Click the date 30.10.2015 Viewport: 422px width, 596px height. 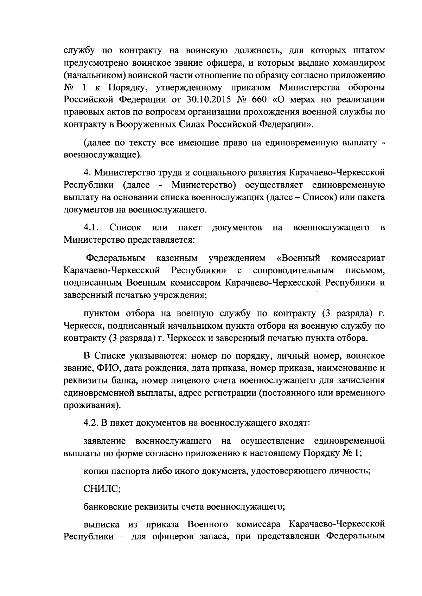[x=206, y=100]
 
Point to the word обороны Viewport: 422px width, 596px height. [x=364, y=87]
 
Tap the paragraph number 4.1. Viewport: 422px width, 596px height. [x=91, y=228]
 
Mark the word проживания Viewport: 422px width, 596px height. [x=91, y=405]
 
